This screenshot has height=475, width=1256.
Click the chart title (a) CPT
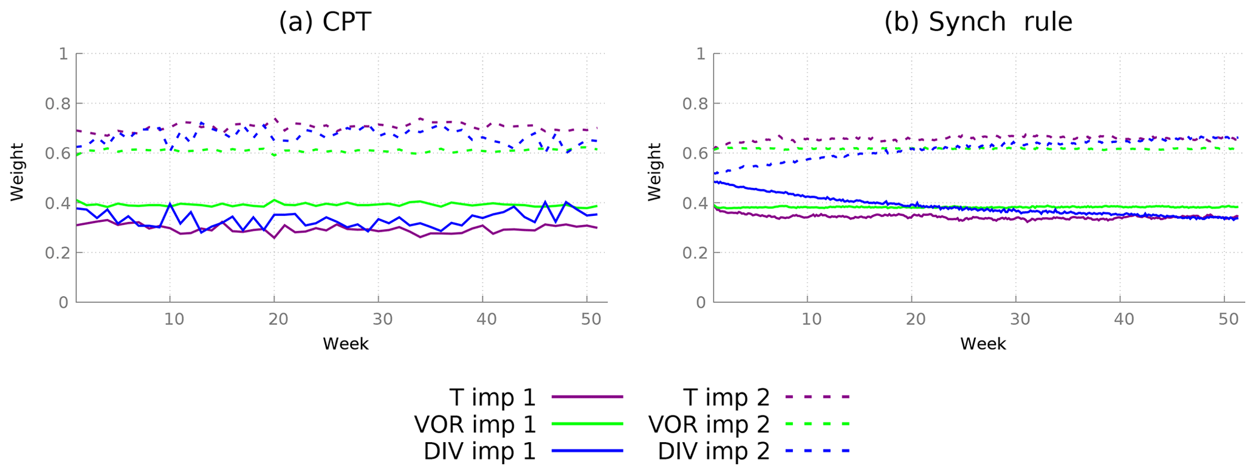324,23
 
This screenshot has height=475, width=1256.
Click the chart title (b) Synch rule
978,23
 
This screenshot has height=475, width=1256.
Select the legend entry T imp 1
492,398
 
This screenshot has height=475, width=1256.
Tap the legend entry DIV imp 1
479,451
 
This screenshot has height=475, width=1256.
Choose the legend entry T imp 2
726,398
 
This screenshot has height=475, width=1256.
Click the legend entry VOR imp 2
709,425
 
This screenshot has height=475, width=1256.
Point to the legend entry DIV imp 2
713,451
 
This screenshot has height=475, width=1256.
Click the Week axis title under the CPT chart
345,344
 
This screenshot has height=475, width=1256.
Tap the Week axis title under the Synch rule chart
983,344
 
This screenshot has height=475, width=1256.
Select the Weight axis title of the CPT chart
17,172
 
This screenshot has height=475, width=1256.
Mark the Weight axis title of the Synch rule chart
654,172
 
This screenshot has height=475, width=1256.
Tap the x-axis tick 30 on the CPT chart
383,319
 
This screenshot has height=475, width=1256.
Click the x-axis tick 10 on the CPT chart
174,319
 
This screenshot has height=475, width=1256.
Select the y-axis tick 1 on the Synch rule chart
701,54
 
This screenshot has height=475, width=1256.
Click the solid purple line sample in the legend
588,397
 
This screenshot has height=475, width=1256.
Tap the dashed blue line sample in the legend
817,451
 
